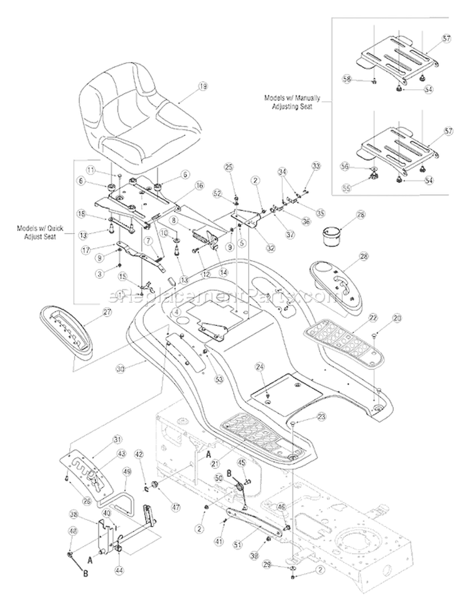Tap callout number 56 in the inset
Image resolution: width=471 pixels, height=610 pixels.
tap(362, 166)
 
